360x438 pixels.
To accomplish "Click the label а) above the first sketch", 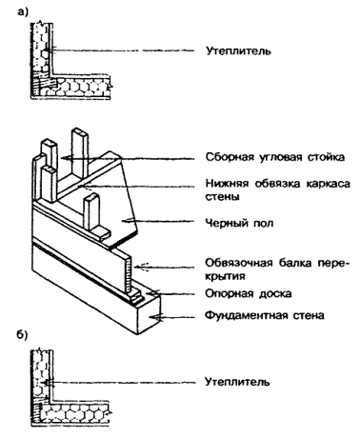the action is tap(23, 11).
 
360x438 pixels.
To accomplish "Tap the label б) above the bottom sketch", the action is tap(22, 335).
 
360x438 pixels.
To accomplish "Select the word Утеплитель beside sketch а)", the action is tap(238, 50).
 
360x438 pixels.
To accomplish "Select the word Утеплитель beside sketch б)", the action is tap(237, 381).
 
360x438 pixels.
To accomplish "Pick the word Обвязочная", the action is tap(239, 263).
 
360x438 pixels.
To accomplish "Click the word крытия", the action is tap(225, 276).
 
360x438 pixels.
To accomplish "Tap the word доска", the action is tap(275, 294).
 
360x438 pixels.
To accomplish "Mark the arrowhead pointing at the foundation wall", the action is tap(156, 316).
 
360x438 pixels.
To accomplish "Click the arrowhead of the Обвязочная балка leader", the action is tap(140, 267).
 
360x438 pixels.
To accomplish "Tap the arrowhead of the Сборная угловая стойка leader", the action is tap(66, 158).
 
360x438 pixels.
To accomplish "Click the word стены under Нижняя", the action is tap(222, 197).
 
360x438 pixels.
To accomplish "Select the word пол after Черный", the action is tap(263, 223).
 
